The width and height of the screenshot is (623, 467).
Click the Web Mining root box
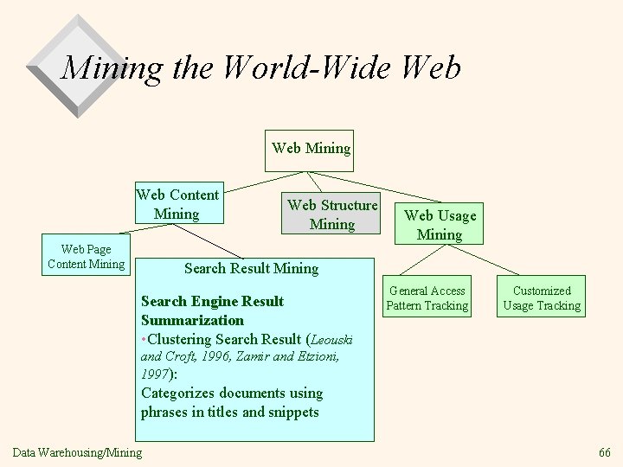[x=311, y=149]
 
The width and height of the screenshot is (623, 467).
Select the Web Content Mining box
[x=177, y=204]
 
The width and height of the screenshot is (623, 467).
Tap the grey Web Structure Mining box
[x=332, y=214]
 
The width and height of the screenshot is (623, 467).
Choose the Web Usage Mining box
[x=440, y=225]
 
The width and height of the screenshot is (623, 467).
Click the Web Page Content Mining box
[x=87, y=256]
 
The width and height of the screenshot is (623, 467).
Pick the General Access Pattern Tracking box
[x=427, y=298]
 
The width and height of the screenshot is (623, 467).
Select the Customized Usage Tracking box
[x=543, y=298]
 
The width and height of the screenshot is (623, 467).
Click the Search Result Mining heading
[x=251, y=269]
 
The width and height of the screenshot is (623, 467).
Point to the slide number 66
[x=604, y=451]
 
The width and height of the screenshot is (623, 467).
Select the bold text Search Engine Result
[x=212, y=302]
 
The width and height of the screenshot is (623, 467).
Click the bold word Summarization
[x=192, y=320]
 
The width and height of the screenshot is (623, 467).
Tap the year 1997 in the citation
[x=155, y=374]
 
